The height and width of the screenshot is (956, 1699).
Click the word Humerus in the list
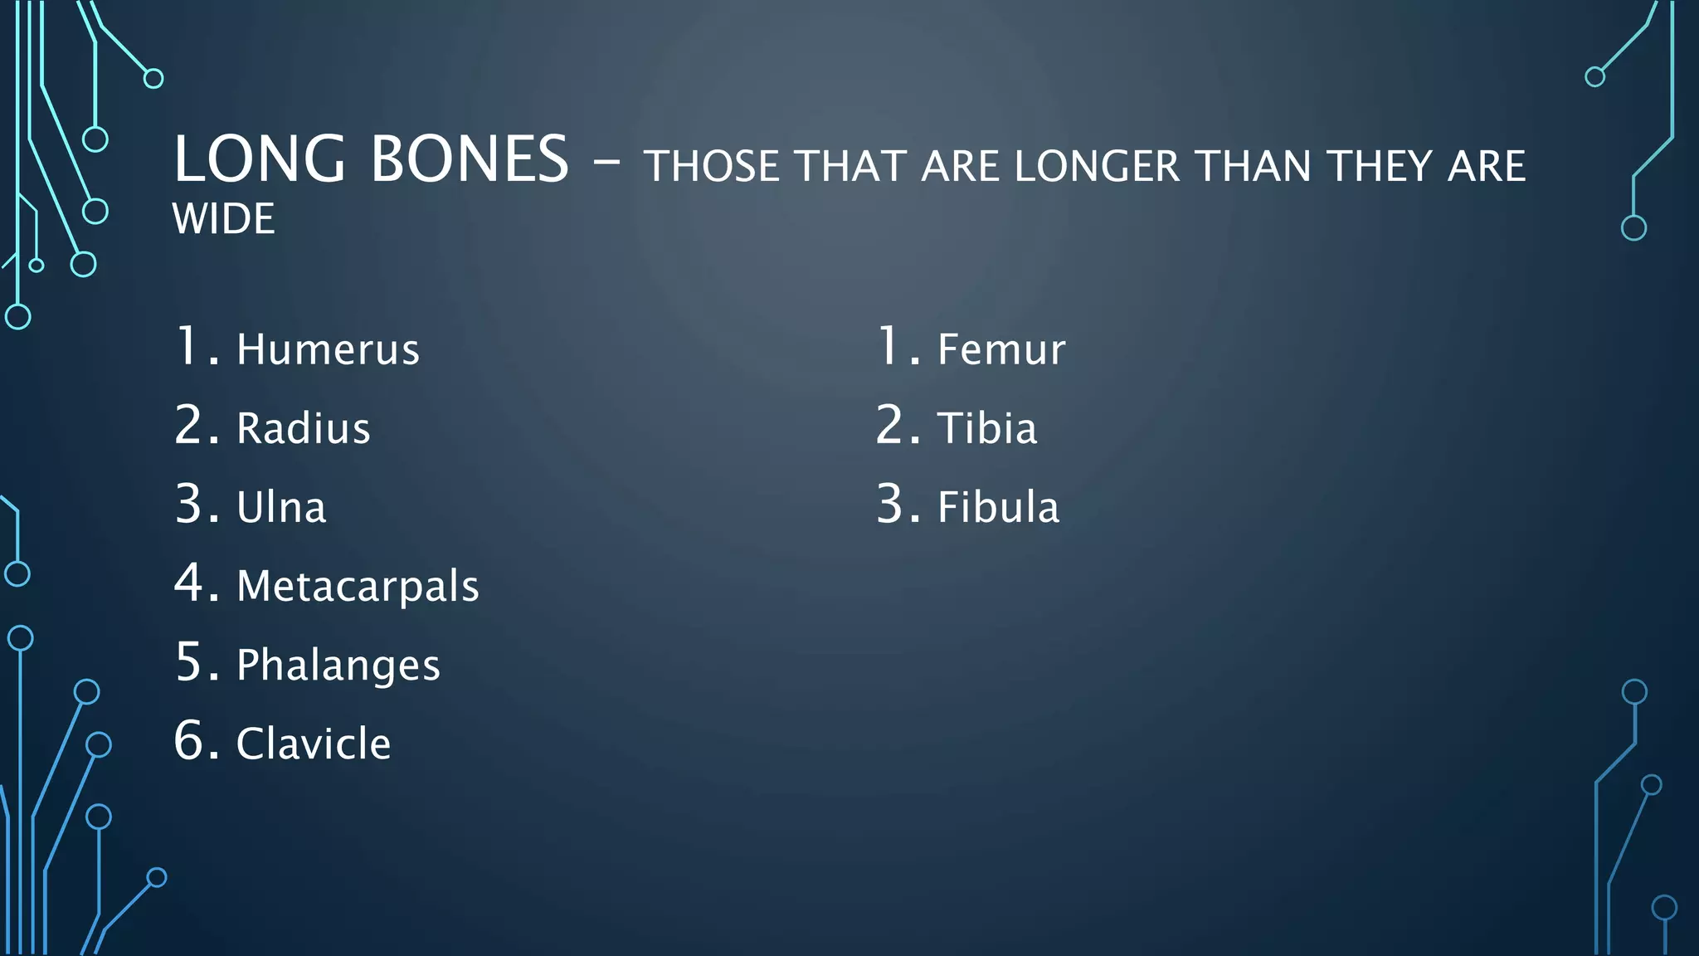pyautogui.click(x=328, y=349)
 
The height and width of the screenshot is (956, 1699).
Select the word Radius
pyautogui.click(x=303, y=428)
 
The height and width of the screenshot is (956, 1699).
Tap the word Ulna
pyautogui.click(x=281, y=507)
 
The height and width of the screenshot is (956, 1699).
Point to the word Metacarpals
pyautogui.click(x=358, y=586)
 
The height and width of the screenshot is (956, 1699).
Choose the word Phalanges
pyautogui.click(x=338, y=666)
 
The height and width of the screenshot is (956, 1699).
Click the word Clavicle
pyautogui.click(x=313, y=744)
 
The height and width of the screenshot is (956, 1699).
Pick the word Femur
pyautogui.click(x=1000, y=349)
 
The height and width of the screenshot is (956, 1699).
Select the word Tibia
pyautogui.click(x=986, y=428)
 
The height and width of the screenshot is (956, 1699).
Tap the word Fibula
pyautogui.click(x=998, y=507)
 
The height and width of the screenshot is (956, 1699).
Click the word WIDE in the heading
pyautogui.click(x=223, y=219)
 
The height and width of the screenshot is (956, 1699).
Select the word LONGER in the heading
pyautogui.click(x=1097, y=167)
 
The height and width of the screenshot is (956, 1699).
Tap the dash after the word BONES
pyautogui.click(x=606, y=163)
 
